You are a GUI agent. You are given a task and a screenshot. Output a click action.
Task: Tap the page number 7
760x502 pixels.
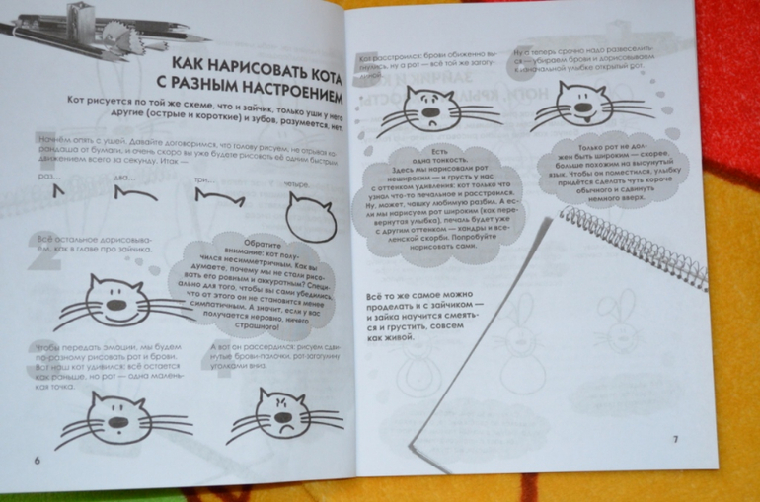675,438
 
